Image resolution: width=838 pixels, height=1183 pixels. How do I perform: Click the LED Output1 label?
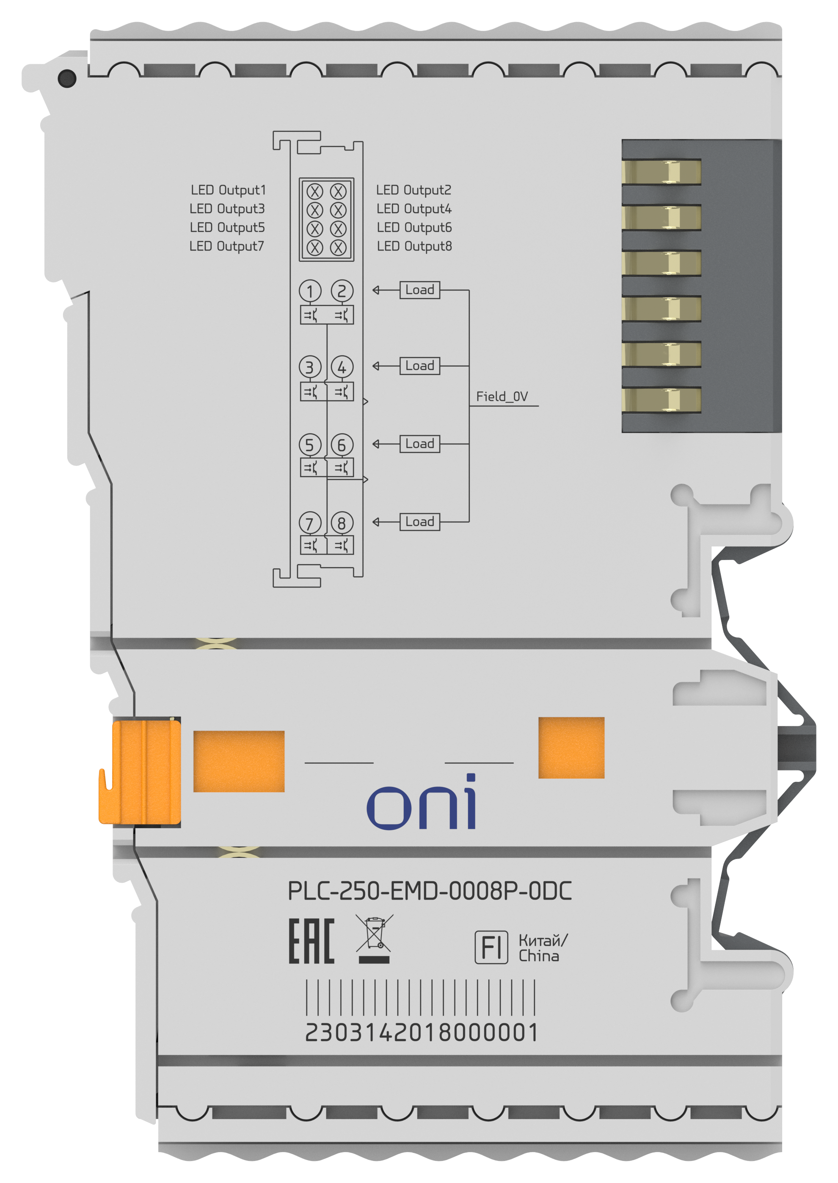coord(228,190)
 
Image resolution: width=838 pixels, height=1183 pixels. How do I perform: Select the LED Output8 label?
coord(414,247)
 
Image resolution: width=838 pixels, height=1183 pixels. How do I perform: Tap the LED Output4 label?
coord(414,209)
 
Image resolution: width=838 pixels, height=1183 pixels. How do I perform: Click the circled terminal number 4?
coord(342,367)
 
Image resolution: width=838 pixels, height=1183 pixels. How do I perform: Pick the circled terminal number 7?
coord(310,523)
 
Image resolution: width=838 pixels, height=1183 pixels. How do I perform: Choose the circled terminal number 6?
coord(342,445)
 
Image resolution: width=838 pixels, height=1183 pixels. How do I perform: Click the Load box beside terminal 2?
coord(419,290)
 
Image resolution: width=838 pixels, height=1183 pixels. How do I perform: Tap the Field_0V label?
coord(502,396)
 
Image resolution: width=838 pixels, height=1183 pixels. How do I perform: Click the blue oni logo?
coord(422,803)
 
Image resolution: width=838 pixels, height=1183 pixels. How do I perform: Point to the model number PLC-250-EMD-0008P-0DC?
coord(429,891)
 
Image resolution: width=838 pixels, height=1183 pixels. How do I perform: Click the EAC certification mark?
coord(311,941)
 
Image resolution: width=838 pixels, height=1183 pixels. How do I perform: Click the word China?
coord(539,956)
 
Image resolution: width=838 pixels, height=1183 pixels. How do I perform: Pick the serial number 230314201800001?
coord(422,1033)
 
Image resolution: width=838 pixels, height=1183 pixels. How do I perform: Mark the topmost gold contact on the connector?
coord(662,172)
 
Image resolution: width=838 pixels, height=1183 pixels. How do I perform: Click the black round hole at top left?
coord(67,78)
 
